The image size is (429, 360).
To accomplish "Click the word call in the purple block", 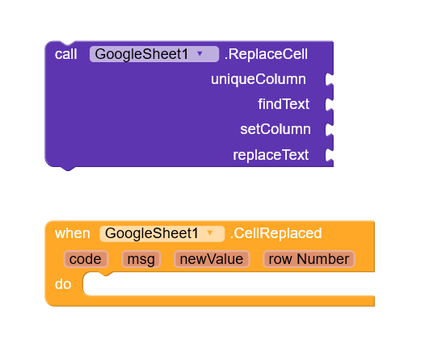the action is click(x=65, y=54).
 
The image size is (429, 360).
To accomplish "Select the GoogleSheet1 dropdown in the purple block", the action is click(x=154, y=54).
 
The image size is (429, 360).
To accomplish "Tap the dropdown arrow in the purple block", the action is click(x=200, y=53).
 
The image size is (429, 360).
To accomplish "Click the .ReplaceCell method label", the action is click(x=266, y=54).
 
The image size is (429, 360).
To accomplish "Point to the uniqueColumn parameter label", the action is click(x=259, y=79).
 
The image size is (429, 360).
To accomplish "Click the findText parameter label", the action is click(x=284, y=104).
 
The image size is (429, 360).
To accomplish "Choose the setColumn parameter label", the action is click(x=275, y=129).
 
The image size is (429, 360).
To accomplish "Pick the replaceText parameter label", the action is click(x=271, y=155).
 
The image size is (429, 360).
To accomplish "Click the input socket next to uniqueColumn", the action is click(x=329, y=79).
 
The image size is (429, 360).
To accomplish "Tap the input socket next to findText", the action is click(x=329, y=104).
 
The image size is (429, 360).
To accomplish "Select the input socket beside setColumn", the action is click(x=329, y=129).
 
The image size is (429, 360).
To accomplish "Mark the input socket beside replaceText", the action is click(x=329, y=155).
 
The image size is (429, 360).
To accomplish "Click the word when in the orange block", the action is click(x=72, y=233).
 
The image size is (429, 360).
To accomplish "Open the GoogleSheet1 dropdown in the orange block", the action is click(x=162, y=234).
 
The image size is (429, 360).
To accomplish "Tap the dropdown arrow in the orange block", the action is click(x=210, y=233).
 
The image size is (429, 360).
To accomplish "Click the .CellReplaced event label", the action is click(x=275, y=233).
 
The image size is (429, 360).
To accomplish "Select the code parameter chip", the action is click(x=86, y=259).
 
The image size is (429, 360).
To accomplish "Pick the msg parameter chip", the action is click(x=141, y=259).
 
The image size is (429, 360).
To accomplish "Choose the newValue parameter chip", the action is click(x=212, y=259).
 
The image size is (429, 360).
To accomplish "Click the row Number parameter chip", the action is click(x=309, y=259).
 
